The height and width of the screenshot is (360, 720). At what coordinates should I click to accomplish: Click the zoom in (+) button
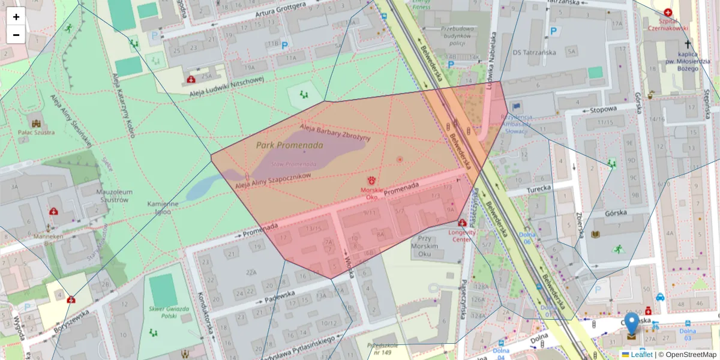pos(16,17)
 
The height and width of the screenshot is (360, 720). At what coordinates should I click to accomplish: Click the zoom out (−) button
pos(16,35)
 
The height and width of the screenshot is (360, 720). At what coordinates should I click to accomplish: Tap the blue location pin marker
pos(632,323)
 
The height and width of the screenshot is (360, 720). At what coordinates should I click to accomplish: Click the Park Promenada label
pos(290,145)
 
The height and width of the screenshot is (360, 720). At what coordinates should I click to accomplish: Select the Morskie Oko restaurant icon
pos(371,180)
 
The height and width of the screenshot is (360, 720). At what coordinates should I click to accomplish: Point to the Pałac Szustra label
pos(36,133)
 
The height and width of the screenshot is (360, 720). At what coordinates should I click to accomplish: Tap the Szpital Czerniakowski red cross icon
pos(668,12)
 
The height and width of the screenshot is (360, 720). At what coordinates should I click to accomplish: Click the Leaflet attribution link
pos(641,355)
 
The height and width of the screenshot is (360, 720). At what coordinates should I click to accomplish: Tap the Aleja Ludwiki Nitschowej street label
pos(227,88)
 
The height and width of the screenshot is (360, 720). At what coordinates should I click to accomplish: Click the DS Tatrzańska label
pos(534,52)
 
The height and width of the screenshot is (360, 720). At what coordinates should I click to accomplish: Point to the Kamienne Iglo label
pos(163,208)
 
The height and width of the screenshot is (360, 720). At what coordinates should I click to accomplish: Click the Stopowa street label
pos(604,109)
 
